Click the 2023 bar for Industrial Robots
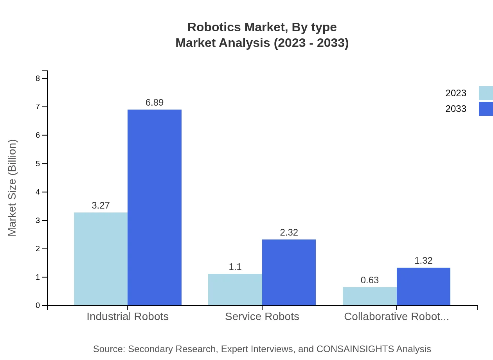pos(101,259)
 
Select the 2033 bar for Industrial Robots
pos(155,207)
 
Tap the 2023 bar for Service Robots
pos(235,290)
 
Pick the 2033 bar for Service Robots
pos(289,272)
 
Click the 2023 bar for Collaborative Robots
pos(370,296)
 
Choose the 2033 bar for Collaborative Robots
pos(423,286)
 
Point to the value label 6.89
pos(155,103)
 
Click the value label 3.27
pos(101,205)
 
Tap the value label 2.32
pos(289,232)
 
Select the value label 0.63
pos(370,280)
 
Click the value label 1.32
pos(423,261)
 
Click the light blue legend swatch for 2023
pos(486,93)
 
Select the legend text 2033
pos(456,109)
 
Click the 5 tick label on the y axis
pos(38,164)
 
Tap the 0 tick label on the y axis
pos(38,306)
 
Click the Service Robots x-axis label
pos(262,316)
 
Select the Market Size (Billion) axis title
pos(12,188)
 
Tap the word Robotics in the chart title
pos(214,27)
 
